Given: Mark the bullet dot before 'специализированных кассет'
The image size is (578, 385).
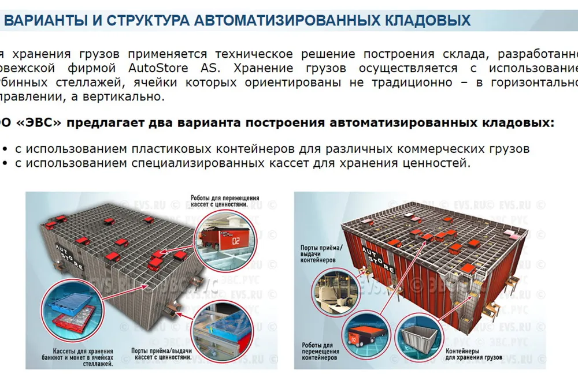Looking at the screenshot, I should (5, 163).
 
